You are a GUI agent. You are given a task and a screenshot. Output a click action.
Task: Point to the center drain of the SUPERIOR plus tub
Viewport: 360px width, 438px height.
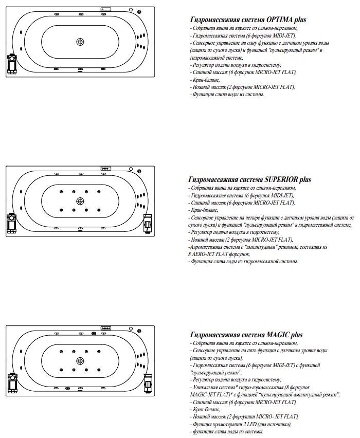click(x=80, y=201)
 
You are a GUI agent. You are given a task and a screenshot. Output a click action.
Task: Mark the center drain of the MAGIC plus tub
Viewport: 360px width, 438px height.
click(x=80, y=360)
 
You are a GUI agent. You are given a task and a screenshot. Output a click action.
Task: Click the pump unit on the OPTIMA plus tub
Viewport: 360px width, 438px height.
click(x=11, y=65)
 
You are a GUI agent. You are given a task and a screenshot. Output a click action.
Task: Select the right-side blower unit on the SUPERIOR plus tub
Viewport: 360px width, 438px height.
click(x=149, y=223)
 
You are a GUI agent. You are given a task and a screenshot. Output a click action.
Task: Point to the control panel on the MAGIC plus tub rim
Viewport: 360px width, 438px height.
click(x=106, y=327)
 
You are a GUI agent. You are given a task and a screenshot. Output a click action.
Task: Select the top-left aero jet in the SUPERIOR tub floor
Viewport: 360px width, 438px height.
click(x=61, y=192)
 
